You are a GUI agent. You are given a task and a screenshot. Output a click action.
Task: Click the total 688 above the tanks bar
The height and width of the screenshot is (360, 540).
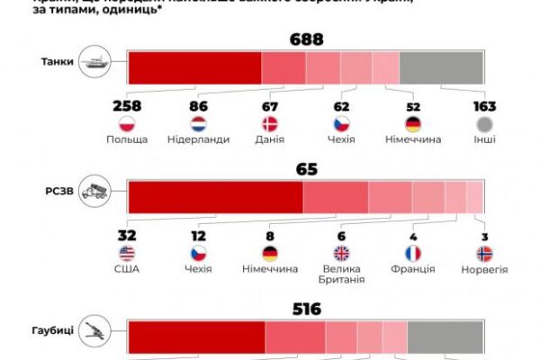pyautogui.click(x=306, y=40)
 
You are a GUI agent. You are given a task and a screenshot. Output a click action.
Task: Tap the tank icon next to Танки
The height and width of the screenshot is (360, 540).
pyautogui.click(x=95, y=63)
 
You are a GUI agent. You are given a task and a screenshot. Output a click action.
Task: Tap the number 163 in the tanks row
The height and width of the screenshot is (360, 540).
pyautogui.click(x=484, y=106)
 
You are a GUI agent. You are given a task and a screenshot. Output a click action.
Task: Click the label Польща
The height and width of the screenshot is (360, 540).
pyautogui.click(x=127, y=140)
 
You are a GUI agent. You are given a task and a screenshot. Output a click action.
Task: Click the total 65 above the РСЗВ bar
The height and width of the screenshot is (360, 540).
pyautogui.click(x=306, y=168)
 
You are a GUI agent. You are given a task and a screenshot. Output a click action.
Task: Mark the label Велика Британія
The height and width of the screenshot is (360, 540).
pyautogui.click(x=341, y=274)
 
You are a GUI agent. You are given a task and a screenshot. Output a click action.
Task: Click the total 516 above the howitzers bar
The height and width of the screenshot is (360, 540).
pyautogui.click(x=306, y=308)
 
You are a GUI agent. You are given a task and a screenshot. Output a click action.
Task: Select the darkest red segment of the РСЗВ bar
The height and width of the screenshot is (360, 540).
pyautogui.click(x=216, y=196)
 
